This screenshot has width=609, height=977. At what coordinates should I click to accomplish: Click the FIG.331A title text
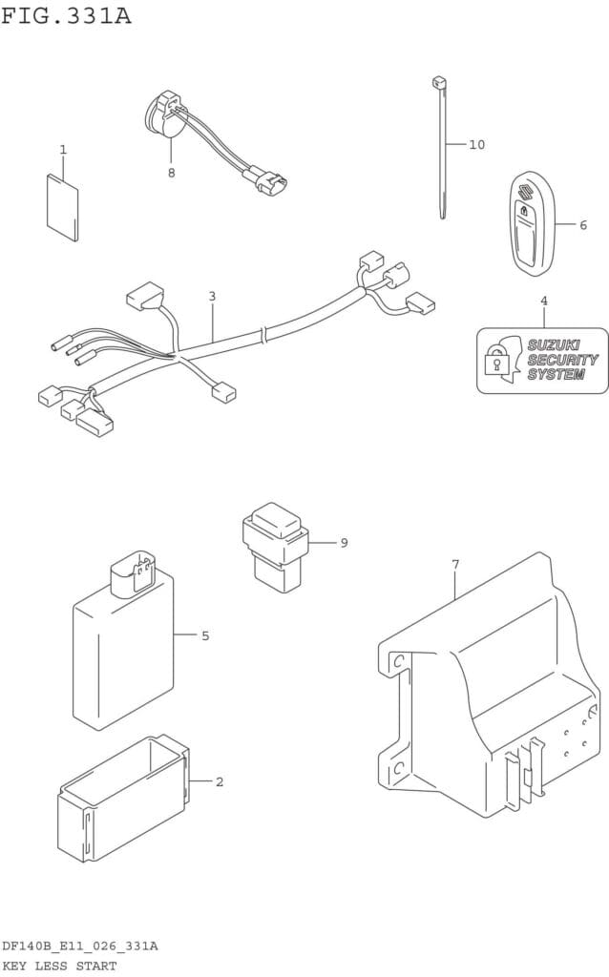[66, 15]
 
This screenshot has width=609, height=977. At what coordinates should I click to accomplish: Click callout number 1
[63, 150]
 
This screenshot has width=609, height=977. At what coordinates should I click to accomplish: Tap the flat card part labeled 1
[62, 207]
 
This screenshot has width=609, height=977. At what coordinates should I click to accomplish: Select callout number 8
[172, 173]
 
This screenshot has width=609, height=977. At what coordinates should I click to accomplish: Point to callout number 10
[477, 145]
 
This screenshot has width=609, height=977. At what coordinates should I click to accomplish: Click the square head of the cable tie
[437, 82]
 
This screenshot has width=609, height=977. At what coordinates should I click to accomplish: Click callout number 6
[583, 225]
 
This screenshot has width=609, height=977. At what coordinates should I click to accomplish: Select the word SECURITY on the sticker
[563, 360]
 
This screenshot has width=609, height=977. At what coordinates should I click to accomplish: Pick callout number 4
[544, 301]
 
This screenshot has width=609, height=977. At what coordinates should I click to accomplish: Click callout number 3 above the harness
[212, 296]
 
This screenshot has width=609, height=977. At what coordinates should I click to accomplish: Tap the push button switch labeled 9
[274, 547]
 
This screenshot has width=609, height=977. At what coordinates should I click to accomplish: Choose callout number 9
[344, 543]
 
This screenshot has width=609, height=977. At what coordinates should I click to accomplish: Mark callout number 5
[205, 636]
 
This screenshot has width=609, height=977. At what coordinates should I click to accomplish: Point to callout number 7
[455, 565]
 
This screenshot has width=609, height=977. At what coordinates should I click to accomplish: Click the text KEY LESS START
[59, 967]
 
